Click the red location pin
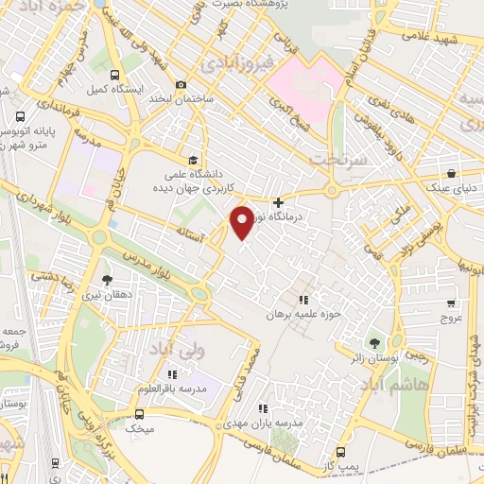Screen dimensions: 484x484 tap(242, 222)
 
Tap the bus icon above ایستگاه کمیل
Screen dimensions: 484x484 tap(114, 76)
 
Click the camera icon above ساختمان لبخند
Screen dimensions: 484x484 tap(181, 85)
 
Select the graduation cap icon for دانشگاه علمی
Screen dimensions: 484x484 tap(194, 159)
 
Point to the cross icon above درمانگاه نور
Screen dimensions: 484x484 tap(278, 202)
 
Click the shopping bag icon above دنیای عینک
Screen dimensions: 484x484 tap(453, 174)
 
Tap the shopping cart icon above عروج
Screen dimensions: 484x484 tap(451, 304)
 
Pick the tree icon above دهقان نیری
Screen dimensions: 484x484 tap(106, 280)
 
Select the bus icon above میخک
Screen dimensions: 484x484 tap(141, 413)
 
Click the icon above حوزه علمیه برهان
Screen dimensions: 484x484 tap(303, 300)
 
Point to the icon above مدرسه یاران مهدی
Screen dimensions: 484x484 tap(264, 408)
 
